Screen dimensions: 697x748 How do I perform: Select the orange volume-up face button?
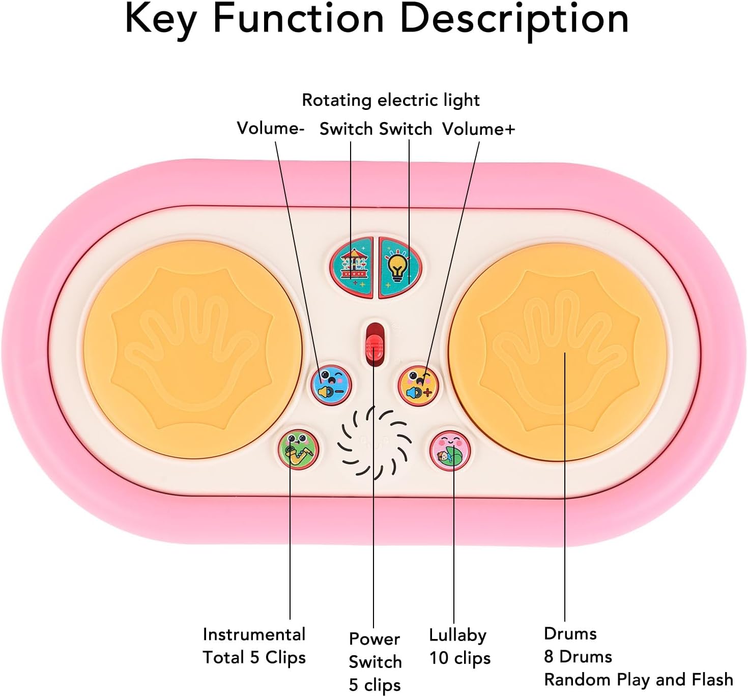(x=418, y=385)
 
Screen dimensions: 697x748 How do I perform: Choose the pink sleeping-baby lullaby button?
(x=450, y=450)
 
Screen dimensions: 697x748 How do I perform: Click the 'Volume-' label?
(x=270, y=128)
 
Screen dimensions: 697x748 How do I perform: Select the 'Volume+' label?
(x=478, y=129)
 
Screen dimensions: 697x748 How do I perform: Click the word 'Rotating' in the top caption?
(x=336, y=100)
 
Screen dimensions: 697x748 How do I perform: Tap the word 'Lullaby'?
(x=457, y=635)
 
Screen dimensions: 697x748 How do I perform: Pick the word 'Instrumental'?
(x=254, y=634)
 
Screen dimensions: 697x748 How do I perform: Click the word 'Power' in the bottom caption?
(x=374, y=639)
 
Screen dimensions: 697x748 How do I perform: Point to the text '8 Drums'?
(x=578, y=657)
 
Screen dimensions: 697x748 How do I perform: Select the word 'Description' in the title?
(x=514, y=19)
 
